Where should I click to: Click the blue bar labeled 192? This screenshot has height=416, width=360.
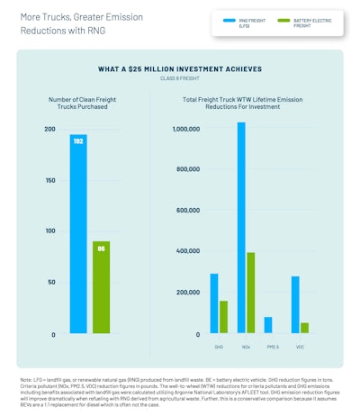pyautogui.click(x=78, y=234)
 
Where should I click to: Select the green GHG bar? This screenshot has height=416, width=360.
pyautogui.click(x=223, y=317)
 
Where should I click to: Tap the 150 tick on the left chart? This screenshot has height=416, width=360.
pyautogui.click(x=49, y=180)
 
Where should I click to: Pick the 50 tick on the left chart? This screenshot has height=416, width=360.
pyautogui.click(x=51, y=283)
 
